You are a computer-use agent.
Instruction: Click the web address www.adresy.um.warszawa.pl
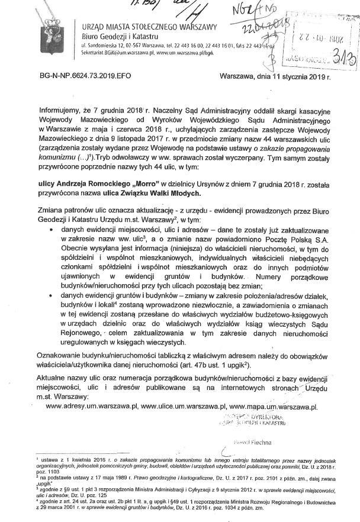pos(91,407)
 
